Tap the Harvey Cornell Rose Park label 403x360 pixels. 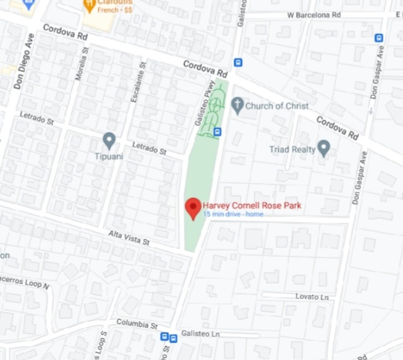pyautogui.click(x=252, y=205)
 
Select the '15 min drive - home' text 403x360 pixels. pyautogui.click(x=233, y=215)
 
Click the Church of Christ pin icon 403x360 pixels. pyautogui.click(x=237, y=105)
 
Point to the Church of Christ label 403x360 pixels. pyautogui.click(x=277, y=106)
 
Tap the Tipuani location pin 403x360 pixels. pyautogui.click(x=109, y=140)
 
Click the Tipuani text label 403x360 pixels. pyautogui.click(x=109, y=155)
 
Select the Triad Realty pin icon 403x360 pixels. pyautogui.click(x=324, y=149)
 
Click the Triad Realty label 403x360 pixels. pyautogui.click(x=292, y=149)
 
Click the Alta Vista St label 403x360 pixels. pyautogui.click(x=128, y=238)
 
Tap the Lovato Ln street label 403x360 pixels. pyautogui.click(x=312, y=296)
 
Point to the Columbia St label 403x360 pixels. pyautogui.click(x=137, y=325)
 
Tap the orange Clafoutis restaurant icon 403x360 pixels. pyautogui.click(x=88, y=5)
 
